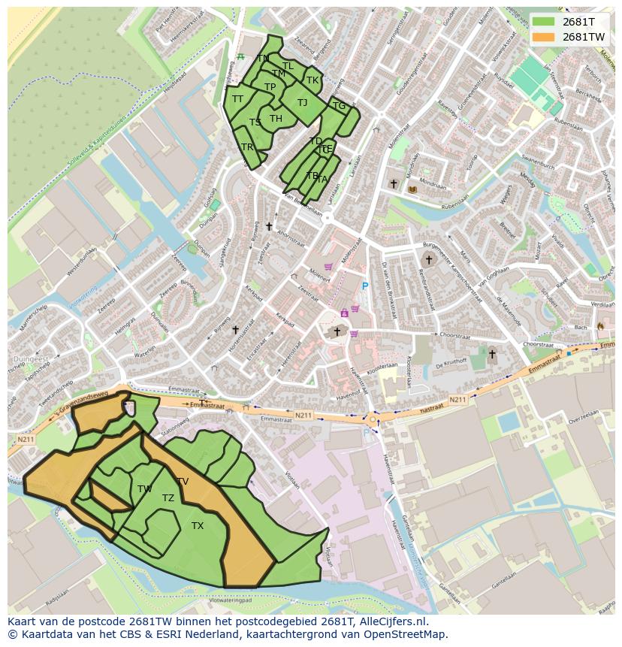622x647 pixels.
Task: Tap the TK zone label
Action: tap(313, 80)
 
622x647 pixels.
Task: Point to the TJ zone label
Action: tap(302, 103)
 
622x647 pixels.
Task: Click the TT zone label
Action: tap(237, 99)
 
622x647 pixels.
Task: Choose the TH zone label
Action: tap(276, 119)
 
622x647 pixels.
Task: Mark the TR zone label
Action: tap(247, 147)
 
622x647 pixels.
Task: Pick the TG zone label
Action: tap(339, 106)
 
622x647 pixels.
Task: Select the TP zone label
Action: tap(270, 87)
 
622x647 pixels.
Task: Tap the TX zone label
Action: tap(197, 526)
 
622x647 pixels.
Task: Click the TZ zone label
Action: tap(168, 498)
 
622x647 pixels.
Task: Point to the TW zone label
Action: tap(145, 489)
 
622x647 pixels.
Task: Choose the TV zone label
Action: tap(183, 482)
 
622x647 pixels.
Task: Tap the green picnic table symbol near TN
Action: tap(240, 56)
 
